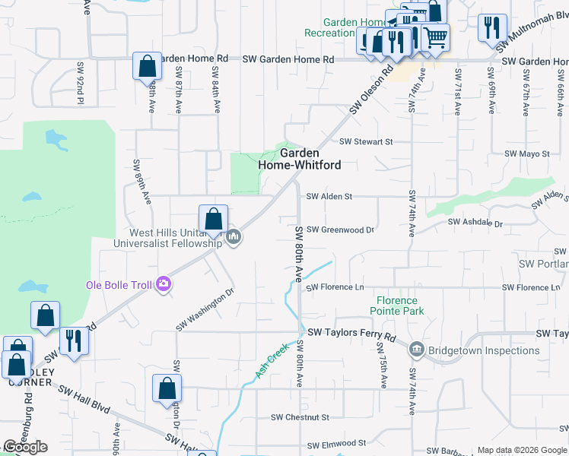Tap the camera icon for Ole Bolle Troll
[164, 285]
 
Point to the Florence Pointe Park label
[397, 306]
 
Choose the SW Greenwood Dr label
[341, 230]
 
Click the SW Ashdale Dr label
[475, 223]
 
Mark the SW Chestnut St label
[300, 417]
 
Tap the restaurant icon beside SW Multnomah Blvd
[492, 27]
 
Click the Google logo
[25, 447]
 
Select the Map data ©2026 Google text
[522, 450]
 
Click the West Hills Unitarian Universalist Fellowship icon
[234, 238]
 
